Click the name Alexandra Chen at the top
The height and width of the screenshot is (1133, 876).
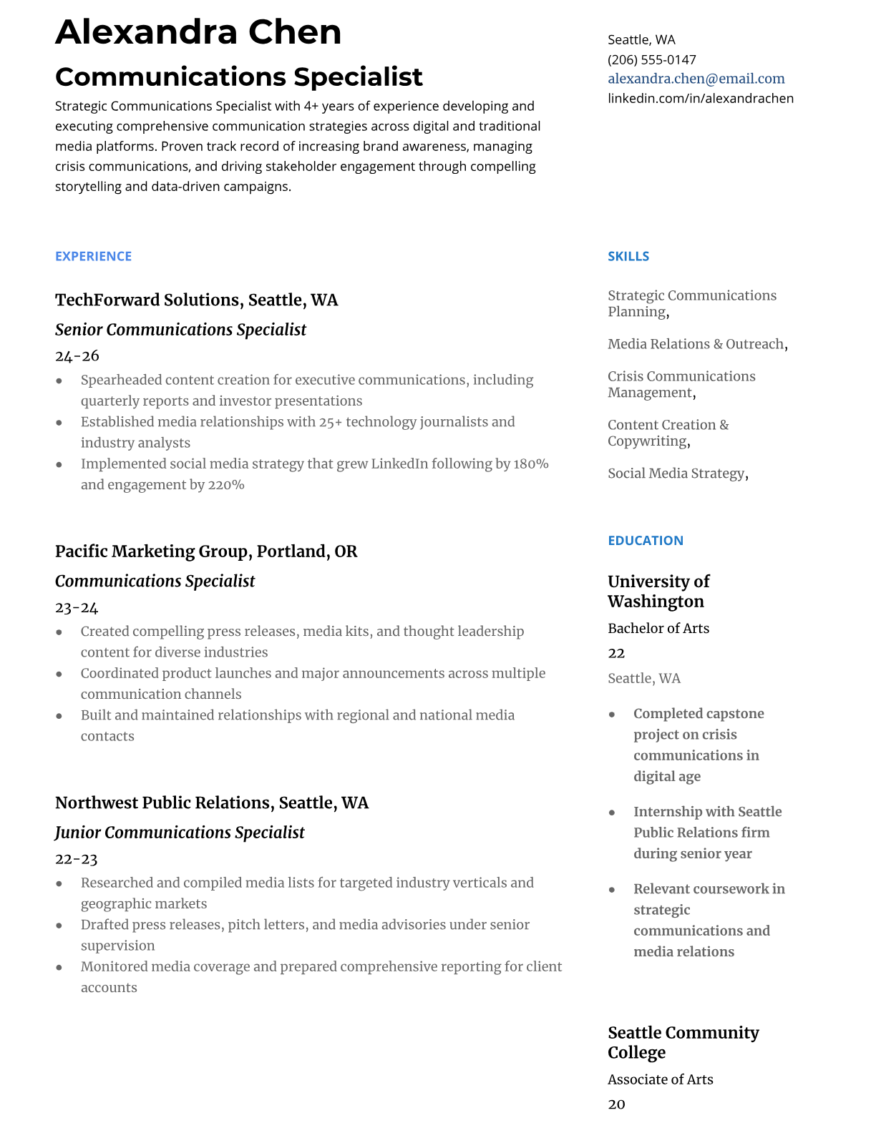pyautogui.click(x=198, y=32)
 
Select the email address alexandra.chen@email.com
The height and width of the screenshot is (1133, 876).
pyautogui.click(x=696, y=79)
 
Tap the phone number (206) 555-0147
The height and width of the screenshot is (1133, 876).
pyautogui.click(x=651, y=59)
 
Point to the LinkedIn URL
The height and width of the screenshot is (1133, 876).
pyautogui.click(x=700, y=98)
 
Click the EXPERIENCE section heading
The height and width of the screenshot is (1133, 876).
pyautogui.click(x=93, y=256)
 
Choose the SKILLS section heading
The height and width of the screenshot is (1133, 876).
pyautogui.click(x=628, y=256)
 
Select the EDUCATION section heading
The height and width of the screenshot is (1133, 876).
pyautogui.click(x=645, y=541)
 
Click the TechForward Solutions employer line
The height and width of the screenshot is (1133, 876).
pyautogui.click(x=196, y=300)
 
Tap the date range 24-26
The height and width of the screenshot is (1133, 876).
pyautogui.click(x=77, y=355)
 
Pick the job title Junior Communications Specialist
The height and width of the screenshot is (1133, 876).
pyautogui.click(x=180, y=833)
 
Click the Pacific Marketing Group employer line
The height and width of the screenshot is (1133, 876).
pyautogui.click(x=205, y=551)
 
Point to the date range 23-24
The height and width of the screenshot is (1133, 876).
pyautogui.click(x=77, y=607)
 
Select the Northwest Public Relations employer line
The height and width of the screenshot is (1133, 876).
pyautogui.click(x=211, y=803)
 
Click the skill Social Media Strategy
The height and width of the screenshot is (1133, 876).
pyautogui.click(x=676, y=474)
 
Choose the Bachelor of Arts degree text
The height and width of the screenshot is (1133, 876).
pyautogui.click(x=658, y=628)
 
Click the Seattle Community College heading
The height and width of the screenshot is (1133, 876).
pyautogui.click(x=683, y=1042)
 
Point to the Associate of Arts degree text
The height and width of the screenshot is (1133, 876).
pyautogui.click(x=660, y=1079)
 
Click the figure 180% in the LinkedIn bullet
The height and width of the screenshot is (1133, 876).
pyautogui.click(x=530, y=463)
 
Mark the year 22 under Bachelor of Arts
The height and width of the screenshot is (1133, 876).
pyautogui.click(x=616, y=653)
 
